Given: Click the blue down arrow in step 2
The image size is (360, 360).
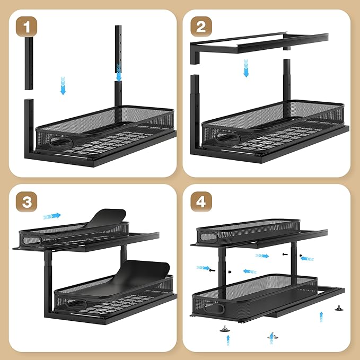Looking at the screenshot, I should (246, 68).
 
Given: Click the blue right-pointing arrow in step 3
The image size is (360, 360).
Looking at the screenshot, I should (52, 216).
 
